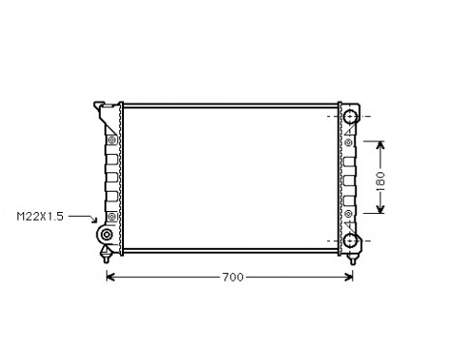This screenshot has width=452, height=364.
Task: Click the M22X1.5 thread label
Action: (40, 217)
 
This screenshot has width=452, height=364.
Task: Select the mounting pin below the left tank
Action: (105, 255)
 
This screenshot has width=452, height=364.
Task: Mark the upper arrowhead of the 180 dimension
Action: (380, 146)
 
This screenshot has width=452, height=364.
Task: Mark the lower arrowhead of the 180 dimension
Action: (380, 210)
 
